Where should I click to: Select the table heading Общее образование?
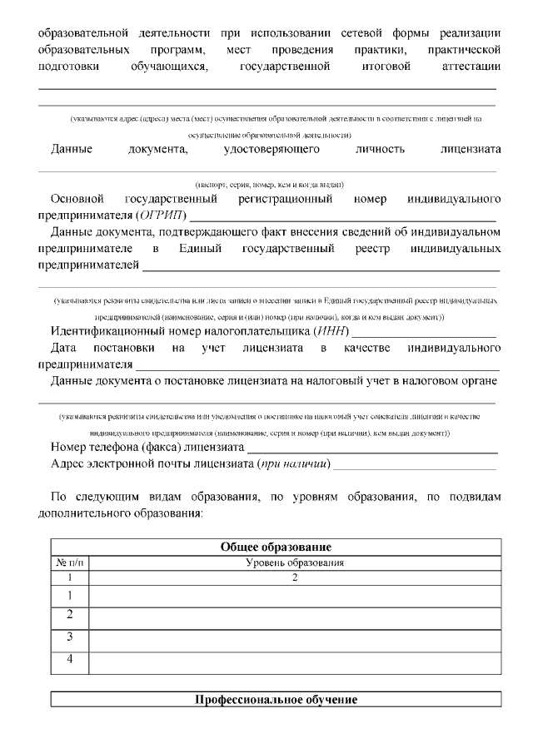coord(276,547)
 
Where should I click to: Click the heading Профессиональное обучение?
coord(276,700)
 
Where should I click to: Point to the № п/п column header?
coord(69,563)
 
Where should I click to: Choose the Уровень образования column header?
coord(295,563)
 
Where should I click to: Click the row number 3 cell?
coord(70,638)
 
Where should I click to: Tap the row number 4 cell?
coord(70,660)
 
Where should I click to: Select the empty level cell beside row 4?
coord(295,661)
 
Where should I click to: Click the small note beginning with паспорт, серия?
coord(269,184)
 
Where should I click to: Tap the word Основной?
coord(77,199)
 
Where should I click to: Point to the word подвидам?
coord(472,497)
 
